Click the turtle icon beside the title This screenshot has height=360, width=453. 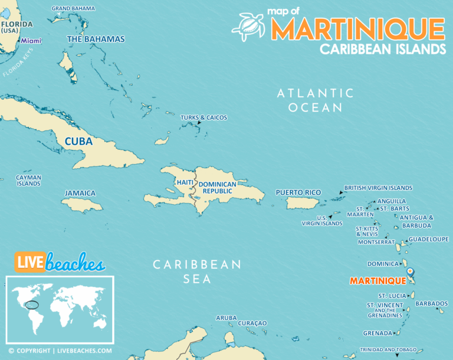pos(248,26)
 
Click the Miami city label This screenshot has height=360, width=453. pos(31,41)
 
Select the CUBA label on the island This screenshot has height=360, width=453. pos(78,142)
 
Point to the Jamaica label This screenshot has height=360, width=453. pos(80,193)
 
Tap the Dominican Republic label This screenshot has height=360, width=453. pos(217,188)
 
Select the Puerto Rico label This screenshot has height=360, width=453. pos(298,192)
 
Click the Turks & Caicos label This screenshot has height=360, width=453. pos(203,117)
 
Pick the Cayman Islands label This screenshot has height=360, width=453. pos(28,180)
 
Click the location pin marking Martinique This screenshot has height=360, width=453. pos(411,273)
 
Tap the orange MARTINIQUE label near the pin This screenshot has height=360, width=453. pos(377,281)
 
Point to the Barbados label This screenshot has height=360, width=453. pos(431,303)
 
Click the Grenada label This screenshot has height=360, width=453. pos(377,333)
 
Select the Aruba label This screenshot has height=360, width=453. pos(226,318)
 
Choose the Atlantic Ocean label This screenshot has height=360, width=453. pos(316,100)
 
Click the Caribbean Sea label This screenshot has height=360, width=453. pos(197,271)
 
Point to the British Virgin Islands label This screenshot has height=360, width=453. pos(378,188)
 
